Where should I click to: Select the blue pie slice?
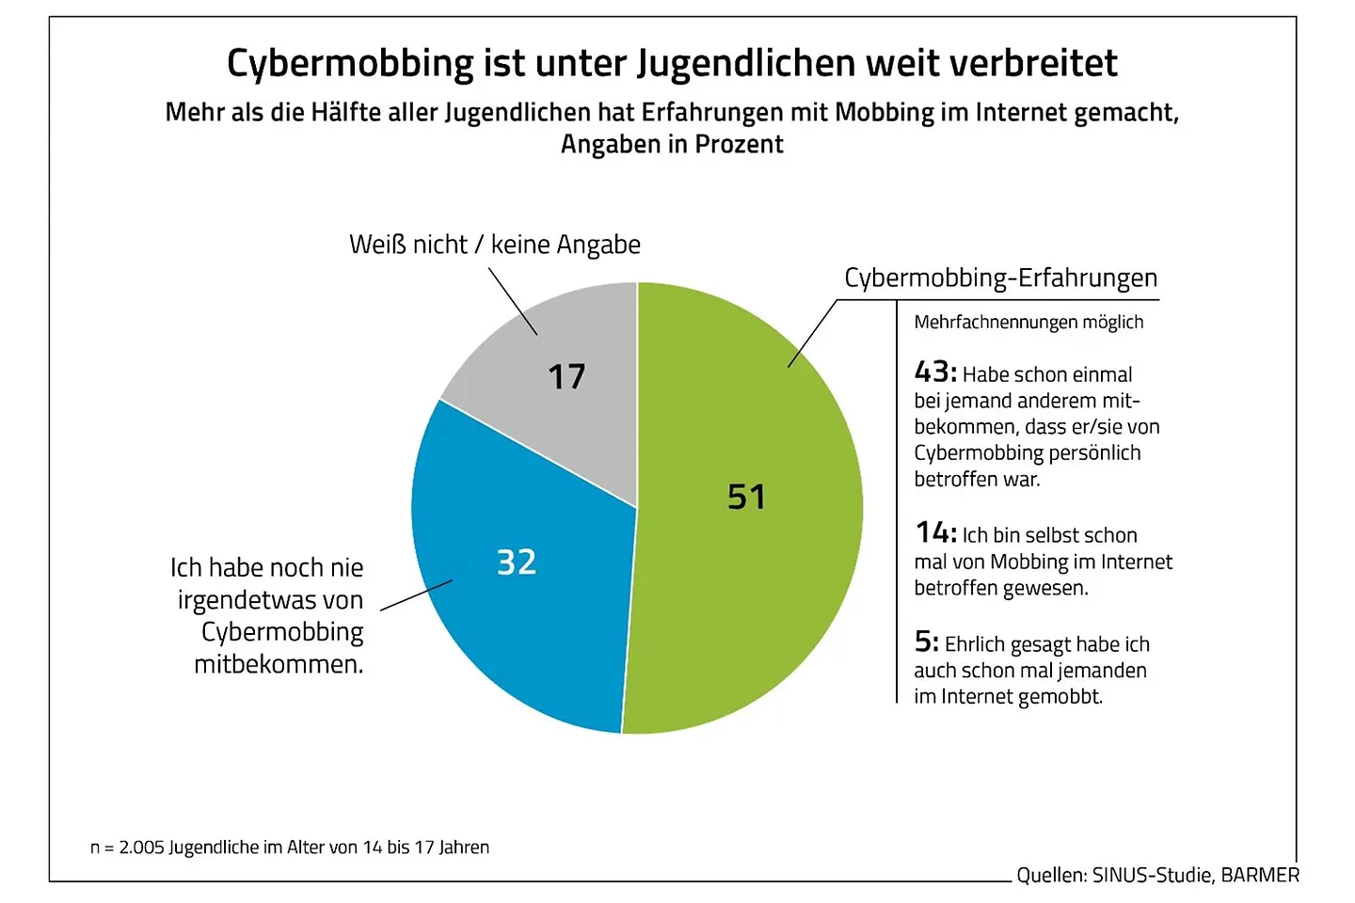[527, 611]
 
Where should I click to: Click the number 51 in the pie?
[747, 497]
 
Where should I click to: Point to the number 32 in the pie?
[517, 562]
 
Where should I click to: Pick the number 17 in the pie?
[566, 377]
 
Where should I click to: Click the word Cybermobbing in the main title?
[351, 64]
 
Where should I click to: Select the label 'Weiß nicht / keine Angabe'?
[495, 245]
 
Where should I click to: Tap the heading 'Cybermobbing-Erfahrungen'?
[1000, 278]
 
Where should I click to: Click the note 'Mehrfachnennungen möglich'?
[1028, 323]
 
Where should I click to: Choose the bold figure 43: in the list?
[935, 372]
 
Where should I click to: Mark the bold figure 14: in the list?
[936, 533]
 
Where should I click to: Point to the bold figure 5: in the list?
[926, 642]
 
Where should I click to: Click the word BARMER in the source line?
[1260, 876]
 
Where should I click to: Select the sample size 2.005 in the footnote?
[141, 848]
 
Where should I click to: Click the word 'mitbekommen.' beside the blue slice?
[279, 665]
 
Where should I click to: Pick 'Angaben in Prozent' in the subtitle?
[672, 145]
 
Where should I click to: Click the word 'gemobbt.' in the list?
[1060, 697]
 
